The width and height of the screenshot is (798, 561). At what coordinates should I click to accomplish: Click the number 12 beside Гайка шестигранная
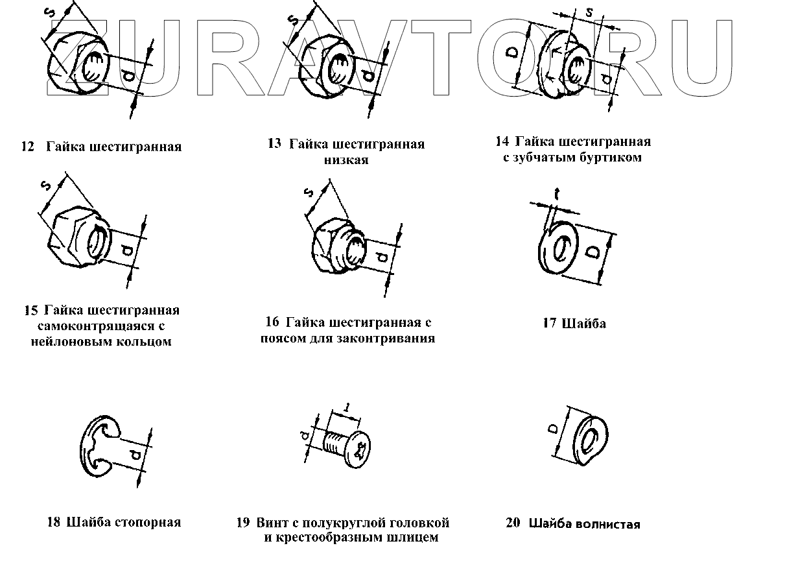27,147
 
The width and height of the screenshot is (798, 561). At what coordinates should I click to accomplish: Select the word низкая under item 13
346,160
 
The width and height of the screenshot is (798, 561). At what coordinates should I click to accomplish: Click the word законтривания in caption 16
392,338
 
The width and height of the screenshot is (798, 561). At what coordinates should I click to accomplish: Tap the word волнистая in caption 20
611,524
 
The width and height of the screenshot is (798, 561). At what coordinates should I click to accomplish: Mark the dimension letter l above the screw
347,408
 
